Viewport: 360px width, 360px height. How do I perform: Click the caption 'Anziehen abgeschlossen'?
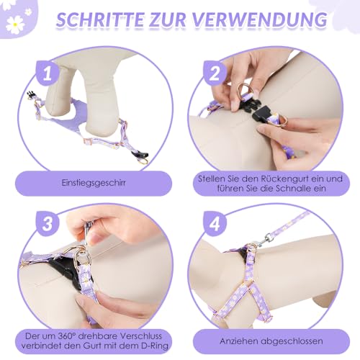point(271,340)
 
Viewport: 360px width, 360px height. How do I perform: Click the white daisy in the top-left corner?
point(14,23)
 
